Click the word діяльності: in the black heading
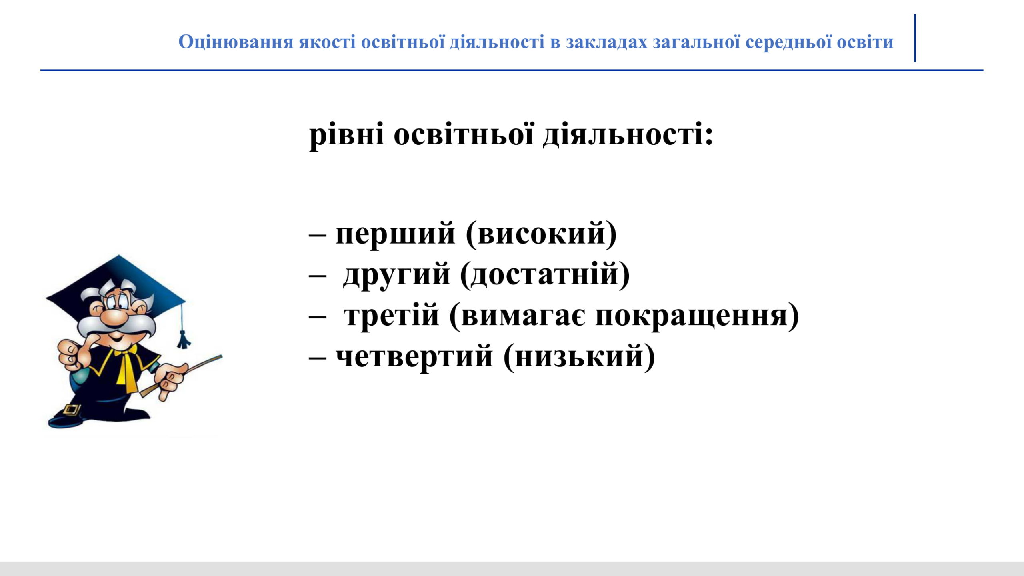[628, 135]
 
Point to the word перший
[395, 234]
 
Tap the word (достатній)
[545, 274]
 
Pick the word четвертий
[414, 357]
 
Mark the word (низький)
[579, 356]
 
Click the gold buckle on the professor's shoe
[71, 409]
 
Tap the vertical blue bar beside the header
[915, 38]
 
